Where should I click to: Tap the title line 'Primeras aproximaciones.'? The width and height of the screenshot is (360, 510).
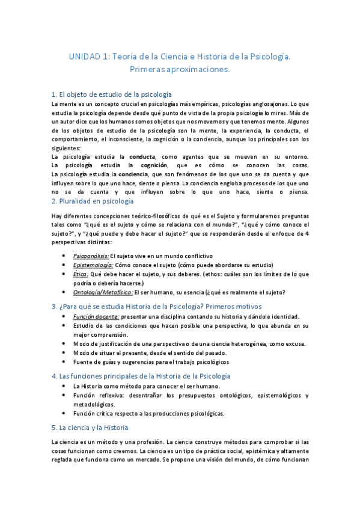pos(180,70)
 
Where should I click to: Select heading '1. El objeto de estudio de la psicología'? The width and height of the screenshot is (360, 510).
pos(112,94)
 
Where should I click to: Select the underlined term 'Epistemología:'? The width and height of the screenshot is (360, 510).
pos(93,265)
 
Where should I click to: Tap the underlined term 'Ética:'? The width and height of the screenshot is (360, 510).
pos(81,274)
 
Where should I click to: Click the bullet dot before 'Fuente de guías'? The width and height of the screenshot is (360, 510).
pos(64,362)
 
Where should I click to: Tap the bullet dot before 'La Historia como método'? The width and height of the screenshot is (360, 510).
pos(64,386)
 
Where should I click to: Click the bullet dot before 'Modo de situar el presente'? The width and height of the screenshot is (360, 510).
pos(64,353)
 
